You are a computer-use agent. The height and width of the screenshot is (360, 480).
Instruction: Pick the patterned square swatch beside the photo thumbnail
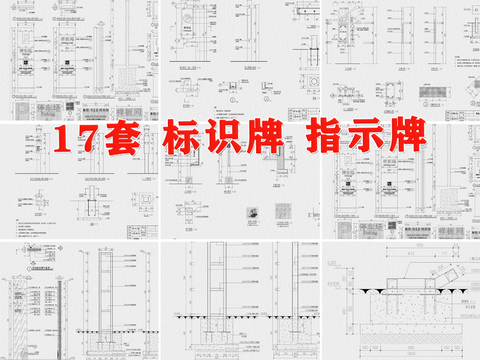(283, 212)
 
